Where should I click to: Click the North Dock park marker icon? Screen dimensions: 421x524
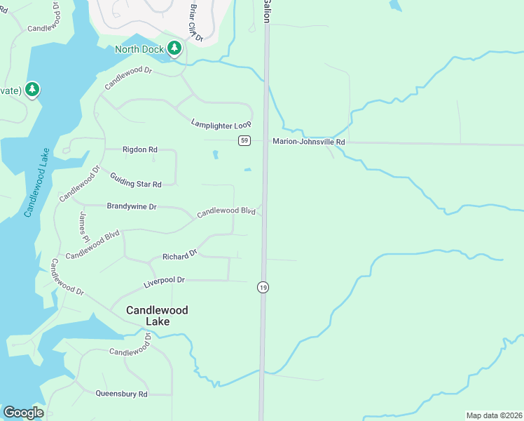click(x=174, y=48)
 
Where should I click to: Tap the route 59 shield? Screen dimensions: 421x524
click(x=244, y=140)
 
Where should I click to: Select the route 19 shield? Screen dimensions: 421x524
click(x=263, y=287)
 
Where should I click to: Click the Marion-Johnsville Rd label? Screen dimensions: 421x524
click(x=309, y=142)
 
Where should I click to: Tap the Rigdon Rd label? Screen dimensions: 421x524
click(x=140, y=149)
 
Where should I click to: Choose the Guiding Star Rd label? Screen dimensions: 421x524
click(x=136, y=179)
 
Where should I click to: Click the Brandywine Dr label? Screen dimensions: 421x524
click(x=132, y=207)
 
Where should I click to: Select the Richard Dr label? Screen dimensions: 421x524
click(x=180, y=256)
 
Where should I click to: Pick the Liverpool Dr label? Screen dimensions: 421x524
click(x=164, y=280)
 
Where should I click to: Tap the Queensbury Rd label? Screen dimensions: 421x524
click(x=121, y=394)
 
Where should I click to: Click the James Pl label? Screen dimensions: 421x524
click(x=85, y=225)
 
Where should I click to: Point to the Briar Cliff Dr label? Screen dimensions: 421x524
click(x=194, y=21)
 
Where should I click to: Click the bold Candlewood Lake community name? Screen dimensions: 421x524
click(x=157, y=316)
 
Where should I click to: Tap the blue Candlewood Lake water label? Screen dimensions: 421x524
click(x=36, y=182)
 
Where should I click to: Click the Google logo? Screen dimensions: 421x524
click(x=23, y=413)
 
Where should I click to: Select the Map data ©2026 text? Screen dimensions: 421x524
click(x=494, y=415)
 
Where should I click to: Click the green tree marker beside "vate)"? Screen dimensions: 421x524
click(x=32, y=90)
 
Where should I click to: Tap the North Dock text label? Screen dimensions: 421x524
click(x=139, y=49)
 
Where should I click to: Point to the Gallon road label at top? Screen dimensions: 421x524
click(x=267, y=11)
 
